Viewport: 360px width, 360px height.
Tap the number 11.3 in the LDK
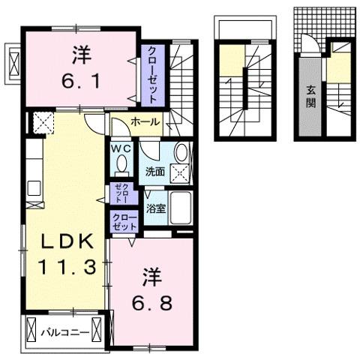pyautogui.click(x=66, y=265)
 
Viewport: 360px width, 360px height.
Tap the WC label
pyautogui.click(x=121, y=148)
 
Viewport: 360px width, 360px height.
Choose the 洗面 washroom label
pyautogui.click(x=155, y=170)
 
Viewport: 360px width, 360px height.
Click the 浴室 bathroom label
pyautogui.click(x=155, y=209)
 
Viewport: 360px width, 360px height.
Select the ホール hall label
pyautogui.click(x=143, y=121)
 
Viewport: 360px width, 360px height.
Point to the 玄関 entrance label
pyautogui.click(x=310, y=96)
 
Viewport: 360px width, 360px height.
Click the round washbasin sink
pyautogui.click(x=180, y=153)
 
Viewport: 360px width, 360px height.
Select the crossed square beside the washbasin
pyautogui.click(x=180, y=174)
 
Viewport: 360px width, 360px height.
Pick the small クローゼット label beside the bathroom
pyautogui.click(x=124, y=221)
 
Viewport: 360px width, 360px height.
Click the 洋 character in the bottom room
pyautogui.click(x=148, y=278)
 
